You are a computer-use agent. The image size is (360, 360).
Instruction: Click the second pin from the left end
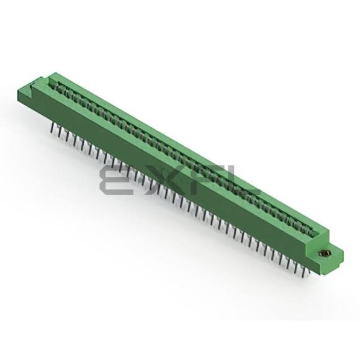[60, 132]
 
